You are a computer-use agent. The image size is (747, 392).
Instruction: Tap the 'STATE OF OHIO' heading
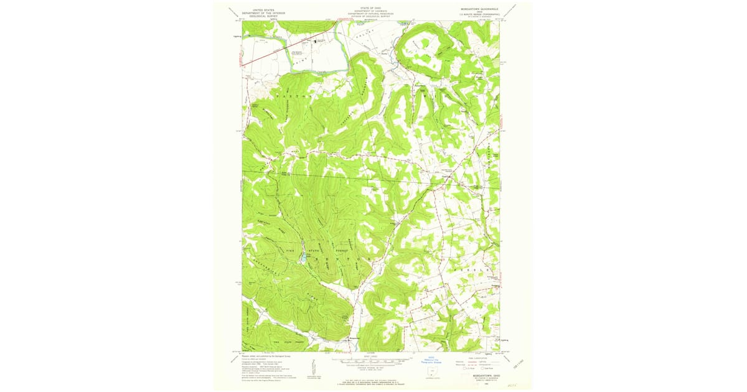coord(371,8)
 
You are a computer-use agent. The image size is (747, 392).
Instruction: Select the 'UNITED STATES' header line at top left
coord(261,11)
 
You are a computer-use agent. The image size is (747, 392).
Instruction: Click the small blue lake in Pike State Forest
coord(303,256)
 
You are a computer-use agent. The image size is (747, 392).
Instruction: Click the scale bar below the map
coord(371,362)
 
